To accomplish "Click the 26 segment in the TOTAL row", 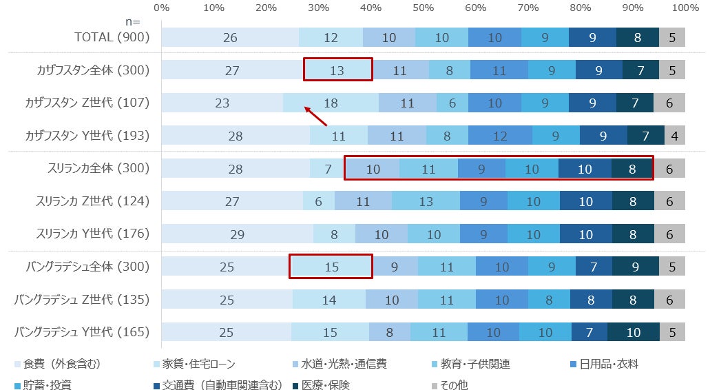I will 230,38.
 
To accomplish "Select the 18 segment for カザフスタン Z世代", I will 331,103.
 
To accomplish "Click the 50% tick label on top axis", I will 424,8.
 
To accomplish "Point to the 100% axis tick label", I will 685,8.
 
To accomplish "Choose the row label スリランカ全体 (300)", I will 93,168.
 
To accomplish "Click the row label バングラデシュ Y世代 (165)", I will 82,332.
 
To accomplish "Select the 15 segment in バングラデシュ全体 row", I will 331,267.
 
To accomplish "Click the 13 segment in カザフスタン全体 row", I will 337,70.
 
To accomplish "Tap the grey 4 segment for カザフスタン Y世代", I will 674,136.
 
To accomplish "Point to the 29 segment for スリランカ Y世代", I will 237,234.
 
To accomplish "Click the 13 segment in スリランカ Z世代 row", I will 426,201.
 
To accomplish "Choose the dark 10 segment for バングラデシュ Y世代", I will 633,332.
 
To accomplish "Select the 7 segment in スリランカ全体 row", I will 328,169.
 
